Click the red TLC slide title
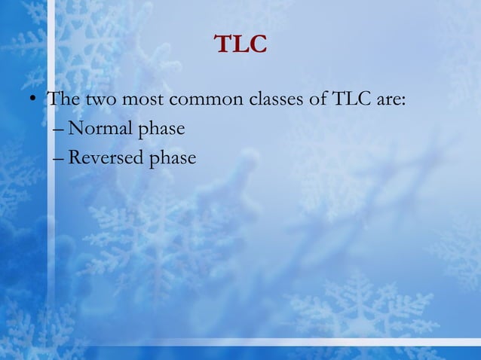240,44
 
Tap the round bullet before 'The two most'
32,100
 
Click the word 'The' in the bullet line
63,99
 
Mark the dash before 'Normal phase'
60,130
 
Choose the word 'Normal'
98,129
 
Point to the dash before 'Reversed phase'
60,159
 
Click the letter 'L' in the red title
240,44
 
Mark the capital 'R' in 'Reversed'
74,157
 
